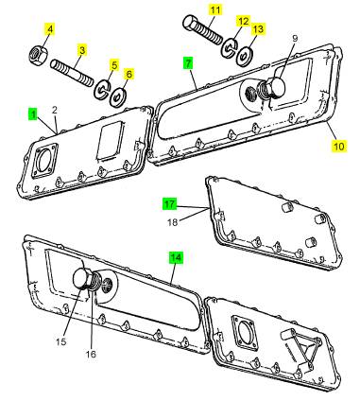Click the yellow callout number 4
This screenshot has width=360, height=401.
point(50,29)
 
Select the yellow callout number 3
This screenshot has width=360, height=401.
point(82,50)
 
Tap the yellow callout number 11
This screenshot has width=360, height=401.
point(215,9)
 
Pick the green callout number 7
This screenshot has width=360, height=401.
point(188,63)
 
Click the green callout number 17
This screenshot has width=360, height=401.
point(170,204)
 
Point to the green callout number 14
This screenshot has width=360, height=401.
point(176,258)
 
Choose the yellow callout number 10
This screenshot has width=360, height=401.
point(339,147)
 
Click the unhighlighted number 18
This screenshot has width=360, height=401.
point(173,222)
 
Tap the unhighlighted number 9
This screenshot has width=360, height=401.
point(295,39)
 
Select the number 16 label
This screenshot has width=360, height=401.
point(91,354)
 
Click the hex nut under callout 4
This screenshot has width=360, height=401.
point(38,56)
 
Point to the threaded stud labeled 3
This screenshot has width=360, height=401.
point(72,74)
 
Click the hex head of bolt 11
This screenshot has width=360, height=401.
point(190,24)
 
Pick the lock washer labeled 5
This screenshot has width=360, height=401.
point(102,90)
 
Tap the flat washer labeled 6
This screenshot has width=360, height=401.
point(118,97)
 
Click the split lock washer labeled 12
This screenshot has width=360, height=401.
point(230,47)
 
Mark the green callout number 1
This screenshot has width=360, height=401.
point(33,114)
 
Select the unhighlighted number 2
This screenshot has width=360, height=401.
point(55,110)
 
